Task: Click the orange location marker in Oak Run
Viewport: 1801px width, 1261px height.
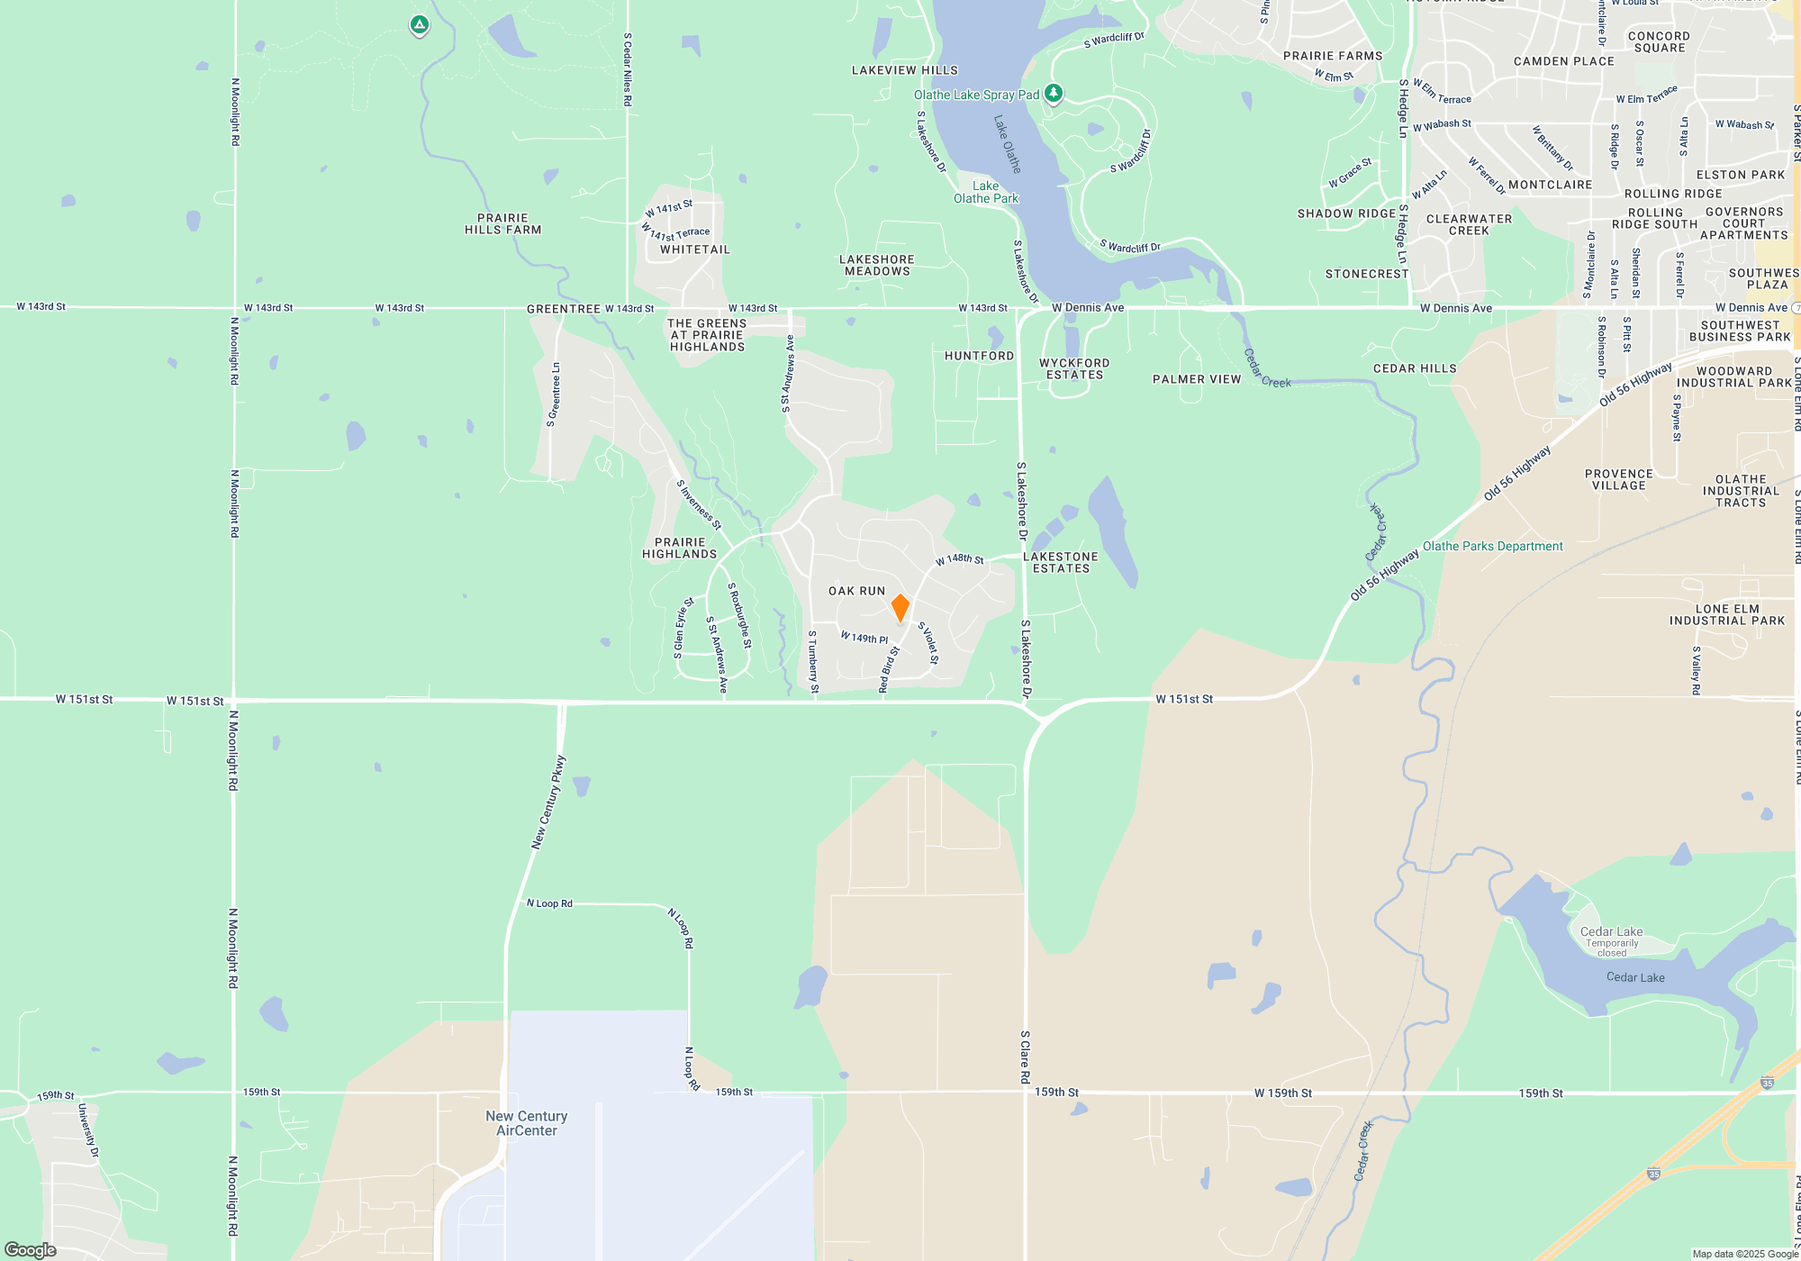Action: pyautogui.click(x=900, y=607)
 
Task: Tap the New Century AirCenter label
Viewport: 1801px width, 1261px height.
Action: pyautogui.click(x=527, y=1123)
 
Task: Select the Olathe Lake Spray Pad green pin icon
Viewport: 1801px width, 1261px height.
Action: pyautogui.click(x=1053, y=93)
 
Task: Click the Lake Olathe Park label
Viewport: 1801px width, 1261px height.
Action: pyautogui.click(x=985, y=192)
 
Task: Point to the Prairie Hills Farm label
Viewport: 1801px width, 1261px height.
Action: pyautogui.click(x=502, y=223)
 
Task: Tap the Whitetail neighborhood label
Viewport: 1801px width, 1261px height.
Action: pyautogui.click(x=695, y=249)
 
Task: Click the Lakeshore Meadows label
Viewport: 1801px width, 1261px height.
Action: pyautogui.click(x=877, y=265)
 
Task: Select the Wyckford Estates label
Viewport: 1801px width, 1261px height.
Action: pyautogui.click(x=1074, y=368)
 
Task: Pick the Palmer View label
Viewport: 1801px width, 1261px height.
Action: pyautogui.click(x=1197, y=379)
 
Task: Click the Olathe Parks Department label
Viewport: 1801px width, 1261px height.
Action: pyautogui.click(x=1492, y=546)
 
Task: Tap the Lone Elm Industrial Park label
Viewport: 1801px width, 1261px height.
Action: pyautogui.click(x=1727, y=614)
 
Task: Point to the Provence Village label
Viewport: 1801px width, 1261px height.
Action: pyautogui.click(x=1619, y=479)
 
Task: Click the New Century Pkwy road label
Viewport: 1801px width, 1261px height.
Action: pyautogui.click(x=548, y=802)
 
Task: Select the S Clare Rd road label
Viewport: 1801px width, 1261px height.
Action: pyautogui.click(x=1025, y=1056)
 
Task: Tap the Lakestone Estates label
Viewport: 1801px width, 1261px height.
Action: pyautogui.click(x=1061, y=562)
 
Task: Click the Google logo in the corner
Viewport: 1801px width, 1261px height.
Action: pyautogui.click(x=31, y=1249)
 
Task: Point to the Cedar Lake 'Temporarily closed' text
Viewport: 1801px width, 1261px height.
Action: pyautogui.click(x=1612, y=948)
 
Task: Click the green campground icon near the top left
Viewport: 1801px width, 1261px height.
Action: pyautogui.click(x=419, y=25)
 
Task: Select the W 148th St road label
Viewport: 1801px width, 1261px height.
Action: pyautogui.click(x=960, y=559)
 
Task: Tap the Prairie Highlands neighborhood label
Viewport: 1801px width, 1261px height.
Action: pyautogui.click(x=680, y=548)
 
